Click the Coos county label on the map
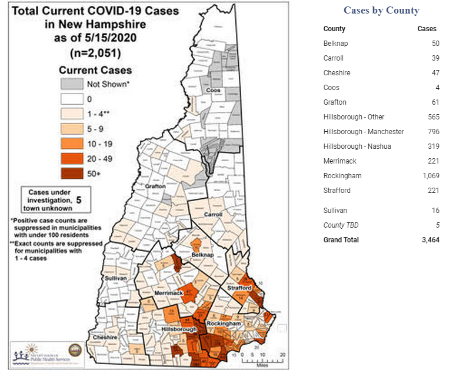(213, 90)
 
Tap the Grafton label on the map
(155, 186)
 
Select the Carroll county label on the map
(213, 215)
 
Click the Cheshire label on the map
(105, 338)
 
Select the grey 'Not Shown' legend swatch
(71, 84)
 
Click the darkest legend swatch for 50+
(71, 174)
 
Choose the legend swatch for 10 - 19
(71, 144)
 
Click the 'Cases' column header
(427, 29)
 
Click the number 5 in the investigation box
(79, 199)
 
